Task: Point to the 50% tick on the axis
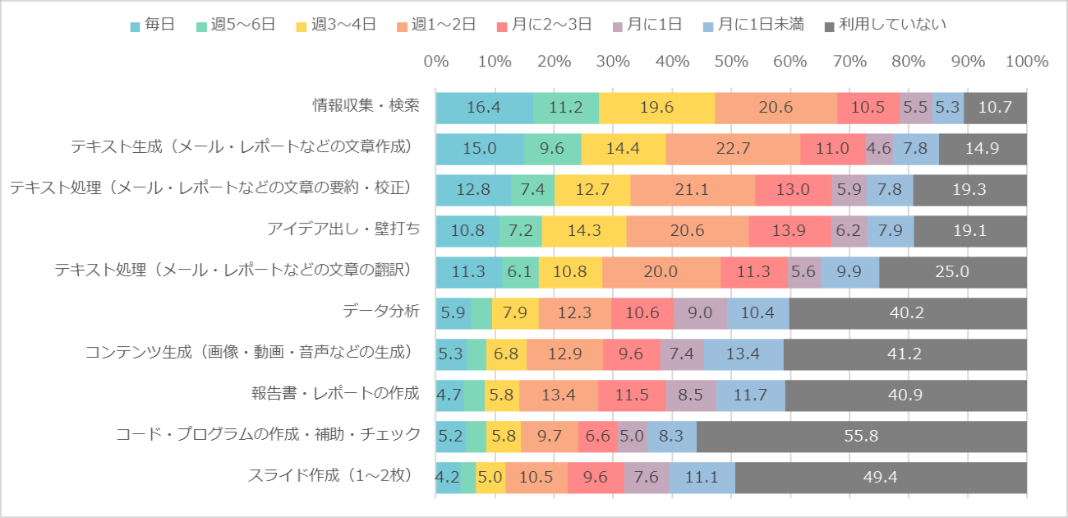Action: (x=731, y=62)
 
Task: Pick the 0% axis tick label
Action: (x=435, y=62)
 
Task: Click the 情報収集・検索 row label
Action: (x=366, y=106)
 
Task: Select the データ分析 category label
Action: (x=381, y=312)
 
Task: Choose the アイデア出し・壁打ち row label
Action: (x=343, y=229)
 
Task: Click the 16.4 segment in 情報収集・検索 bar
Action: (x=484, y=108)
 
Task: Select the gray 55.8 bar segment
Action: (x=861, y=437)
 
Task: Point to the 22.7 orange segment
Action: (x=733, y=149)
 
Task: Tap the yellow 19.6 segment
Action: (x=656, y=108)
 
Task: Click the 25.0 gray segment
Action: (x=953, y=272)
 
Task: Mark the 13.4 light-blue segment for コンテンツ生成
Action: (x=743, y=354)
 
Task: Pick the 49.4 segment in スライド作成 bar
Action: (x=881, y=478)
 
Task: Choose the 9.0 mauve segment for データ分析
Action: (x=700, y=313)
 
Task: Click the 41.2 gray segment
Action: (x=905, y=354)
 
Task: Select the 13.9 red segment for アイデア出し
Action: (x=789, y=231)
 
